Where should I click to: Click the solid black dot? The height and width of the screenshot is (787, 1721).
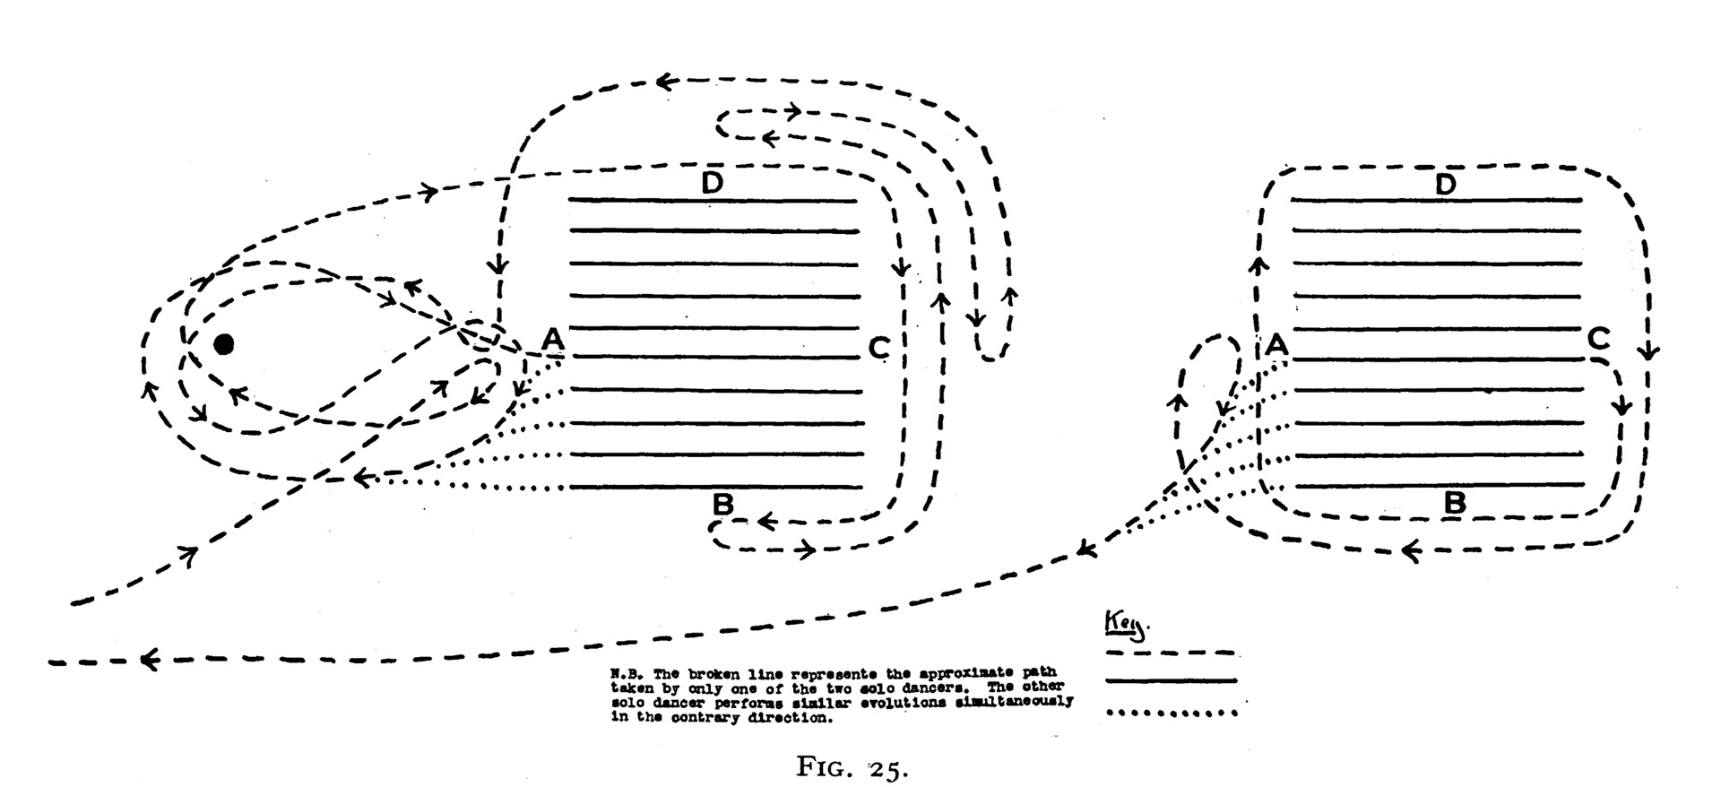[x=223, y=344]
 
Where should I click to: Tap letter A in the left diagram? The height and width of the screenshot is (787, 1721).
[x=553, y=340]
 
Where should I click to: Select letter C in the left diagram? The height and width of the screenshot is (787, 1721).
[x=878, y=347]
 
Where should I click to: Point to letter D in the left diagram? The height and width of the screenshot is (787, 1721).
[x=712, y=183]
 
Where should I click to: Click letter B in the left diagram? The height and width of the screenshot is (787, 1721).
[x=722, y=505]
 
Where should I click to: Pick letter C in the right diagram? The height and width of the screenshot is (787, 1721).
[x=1598, y=340]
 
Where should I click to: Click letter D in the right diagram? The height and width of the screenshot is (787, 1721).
[x=1445, y=185]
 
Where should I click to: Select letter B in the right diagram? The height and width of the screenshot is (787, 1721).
[x=1454, y=503]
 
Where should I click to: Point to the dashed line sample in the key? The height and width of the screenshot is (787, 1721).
[x=1171, y=653]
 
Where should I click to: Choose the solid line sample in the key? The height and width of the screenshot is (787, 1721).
[x=1171, y=682]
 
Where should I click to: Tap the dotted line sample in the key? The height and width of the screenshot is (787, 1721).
[x=1171, y=713]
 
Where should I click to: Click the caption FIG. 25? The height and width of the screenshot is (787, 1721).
[x=852, y=767]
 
